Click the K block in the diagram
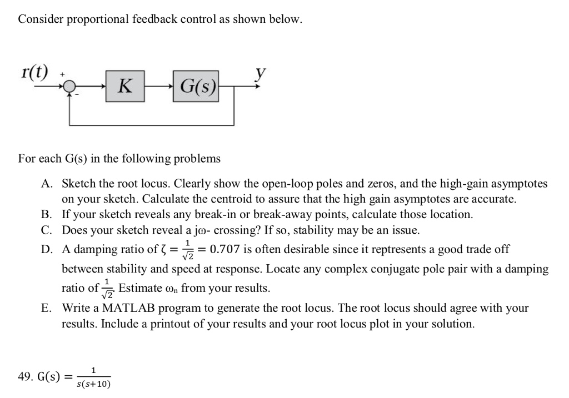tap(126, 86)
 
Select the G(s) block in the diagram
tap(196, 86)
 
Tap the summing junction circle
tap(69, 86)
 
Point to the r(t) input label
tap(34, 72)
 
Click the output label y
tap(258, 72)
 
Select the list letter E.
tap(46, 308)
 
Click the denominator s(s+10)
tap(93, 383)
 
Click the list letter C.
tap(46, 229)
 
